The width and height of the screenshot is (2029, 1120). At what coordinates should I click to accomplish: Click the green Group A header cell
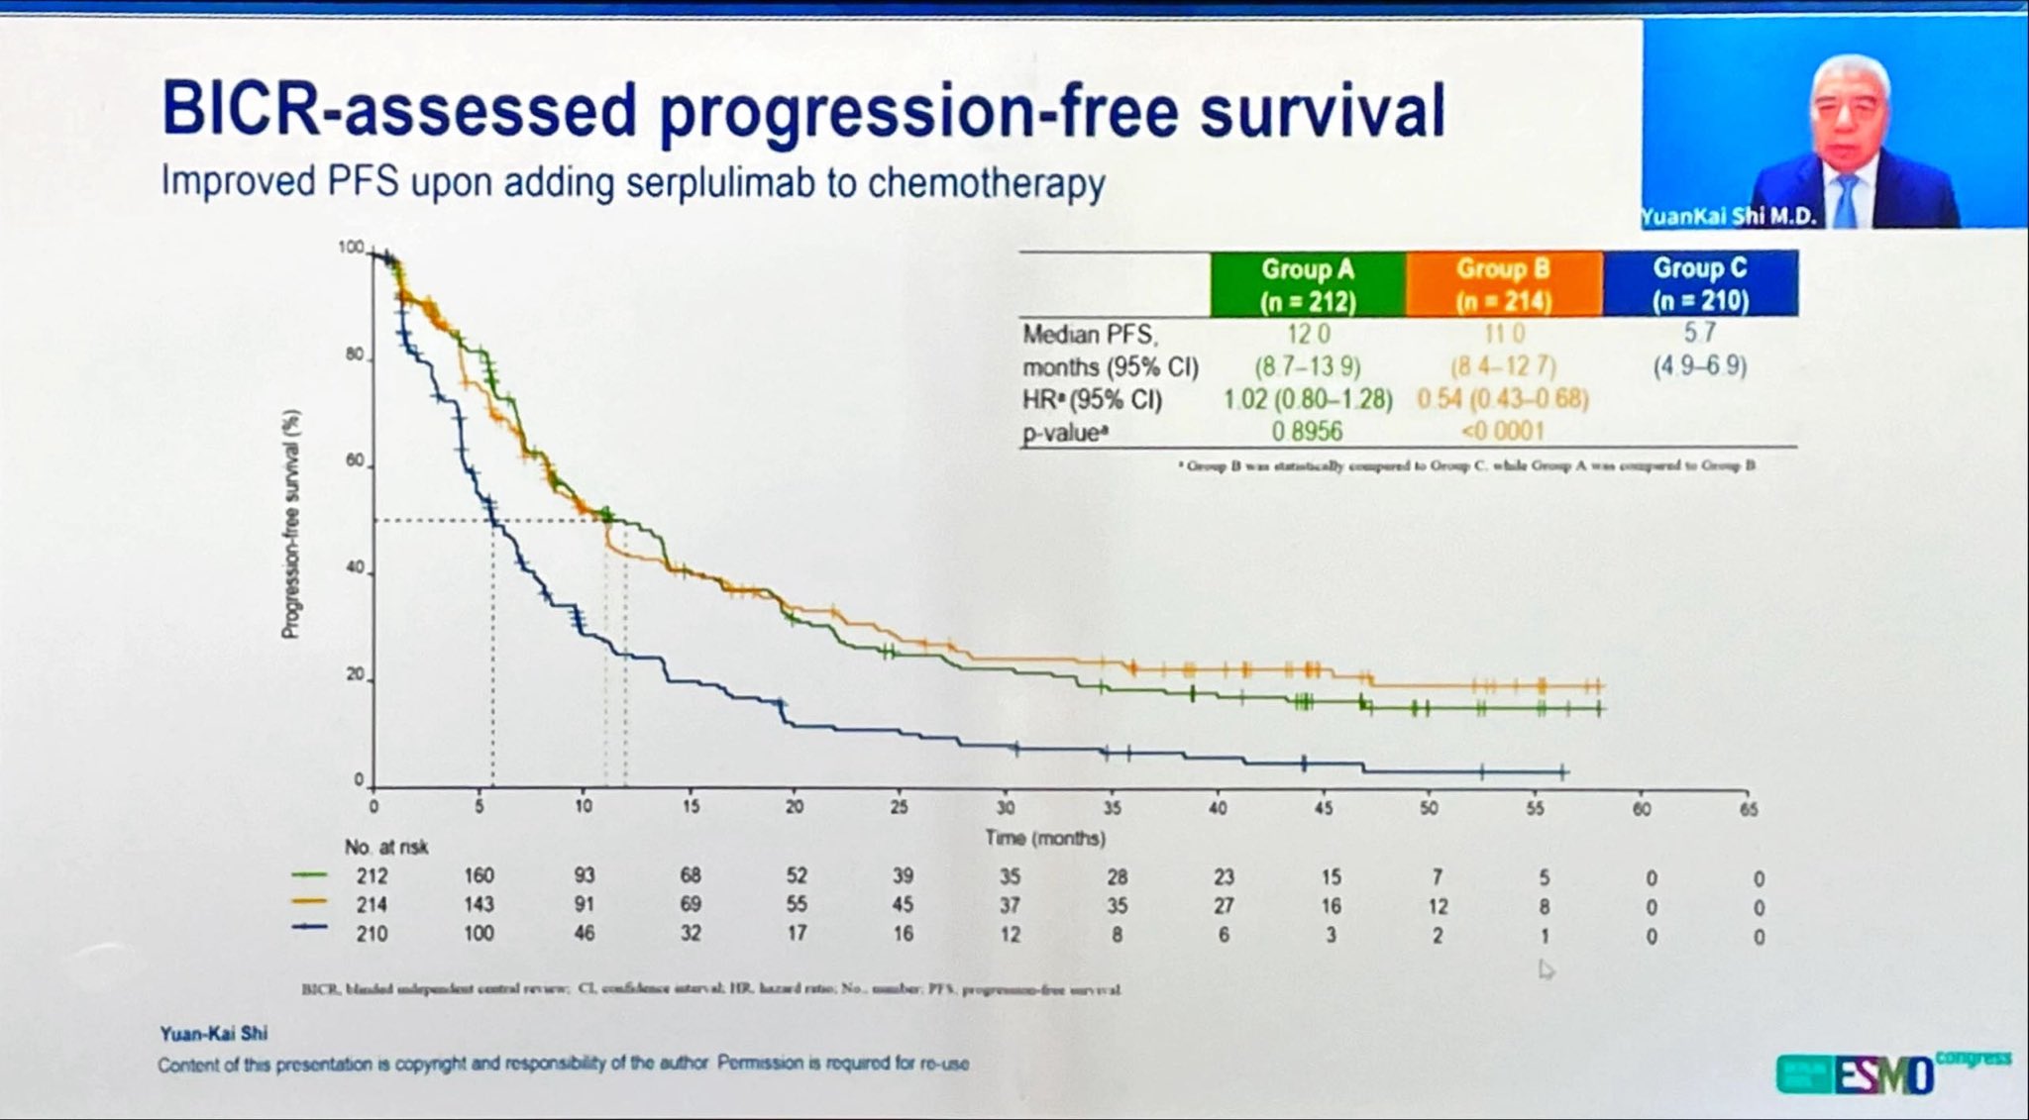(1307, 284)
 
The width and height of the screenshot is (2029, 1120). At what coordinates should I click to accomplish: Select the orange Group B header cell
(1503, 284)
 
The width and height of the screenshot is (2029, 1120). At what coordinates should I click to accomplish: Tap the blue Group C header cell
(1699, 283)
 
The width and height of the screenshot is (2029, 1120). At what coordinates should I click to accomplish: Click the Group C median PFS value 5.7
(1699, 333)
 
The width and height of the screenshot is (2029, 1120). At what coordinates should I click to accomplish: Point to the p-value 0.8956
(1308, 432)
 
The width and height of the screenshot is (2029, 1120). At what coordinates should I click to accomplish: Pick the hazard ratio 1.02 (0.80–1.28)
(1308, 400)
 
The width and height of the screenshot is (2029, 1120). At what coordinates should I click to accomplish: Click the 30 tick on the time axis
(1006, 808)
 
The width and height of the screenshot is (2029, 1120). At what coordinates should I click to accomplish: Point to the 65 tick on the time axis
(1749, 809)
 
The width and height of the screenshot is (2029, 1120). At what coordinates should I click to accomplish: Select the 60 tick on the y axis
(354, 461)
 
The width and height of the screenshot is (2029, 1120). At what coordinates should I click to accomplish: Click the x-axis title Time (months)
(1044, 838)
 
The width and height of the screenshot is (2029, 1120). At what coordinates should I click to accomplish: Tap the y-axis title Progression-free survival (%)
(291, 524)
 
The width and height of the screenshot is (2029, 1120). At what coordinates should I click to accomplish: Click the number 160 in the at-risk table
(479, 875)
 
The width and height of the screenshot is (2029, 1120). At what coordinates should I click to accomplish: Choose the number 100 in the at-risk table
(479, 933)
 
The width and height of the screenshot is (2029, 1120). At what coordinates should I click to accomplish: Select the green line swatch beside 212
(309, 875)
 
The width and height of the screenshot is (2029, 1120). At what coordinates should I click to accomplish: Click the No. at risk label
(385, 848)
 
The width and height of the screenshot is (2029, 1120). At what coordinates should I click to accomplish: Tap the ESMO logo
(1882, 1074)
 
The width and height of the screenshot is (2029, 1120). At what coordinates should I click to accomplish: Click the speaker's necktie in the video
(1845, 199)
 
